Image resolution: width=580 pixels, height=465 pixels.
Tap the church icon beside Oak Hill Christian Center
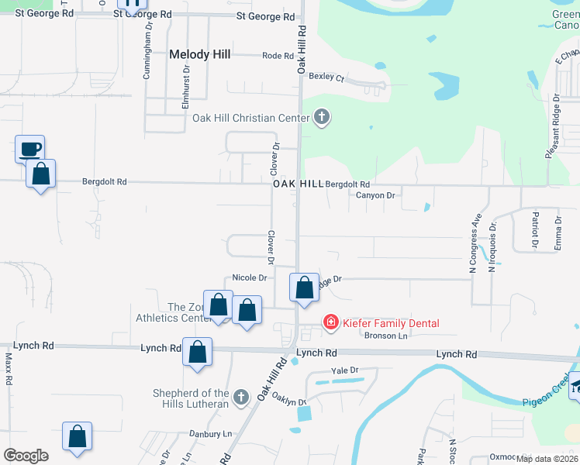[322, 119]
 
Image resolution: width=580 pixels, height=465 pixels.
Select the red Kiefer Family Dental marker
[330, 322]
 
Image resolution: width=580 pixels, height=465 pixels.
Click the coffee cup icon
[30, 149]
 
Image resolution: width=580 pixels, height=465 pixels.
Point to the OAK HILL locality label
[298, 184]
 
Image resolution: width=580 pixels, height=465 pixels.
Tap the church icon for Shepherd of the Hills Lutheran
[241, 398]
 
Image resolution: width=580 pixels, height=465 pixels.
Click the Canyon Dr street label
[375, 195]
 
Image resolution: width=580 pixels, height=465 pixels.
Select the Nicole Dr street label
[250, 278]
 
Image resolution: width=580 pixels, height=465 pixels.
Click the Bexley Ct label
[326, 77]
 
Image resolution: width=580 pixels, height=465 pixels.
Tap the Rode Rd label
[278, 56]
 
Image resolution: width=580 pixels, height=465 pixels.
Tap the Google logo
[26, 456]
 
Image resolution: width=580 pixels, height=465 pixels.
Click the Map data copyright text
[547, 459]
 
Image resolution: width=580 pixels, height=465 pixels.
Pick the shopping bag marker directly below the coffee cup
[40, 175]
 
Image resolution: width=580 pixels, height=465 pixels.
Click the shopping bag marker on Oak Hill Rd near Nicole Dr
[305, 288]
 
